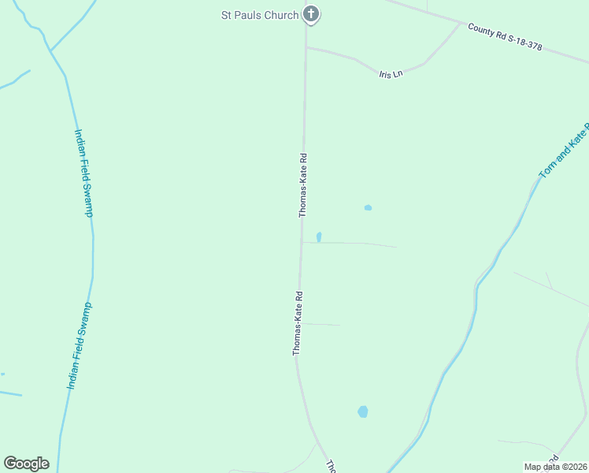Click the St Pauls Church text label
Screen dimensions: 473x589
[x=259, y=15]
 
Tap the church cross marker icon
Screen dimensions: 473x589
[x=311, y=13]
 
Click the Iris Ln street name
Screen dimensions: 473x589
[x=391, y=74]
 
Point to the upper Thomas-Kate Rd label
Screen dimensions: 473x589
[x=302, y=185]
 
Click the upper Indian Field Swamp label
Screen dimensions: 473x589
[x=84, y=173]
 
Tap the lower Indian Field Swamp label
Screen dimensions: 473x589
[x=80, y=345]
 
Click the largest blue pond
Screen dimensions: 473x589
[x=363, y=412]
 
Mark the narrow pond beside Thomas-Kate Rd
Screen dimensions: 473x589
[x=319, y=236]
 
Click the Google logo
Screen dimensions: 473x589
[x=26, y=464]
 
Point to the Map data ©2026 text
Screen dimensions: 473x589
[x=555, y=467]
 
